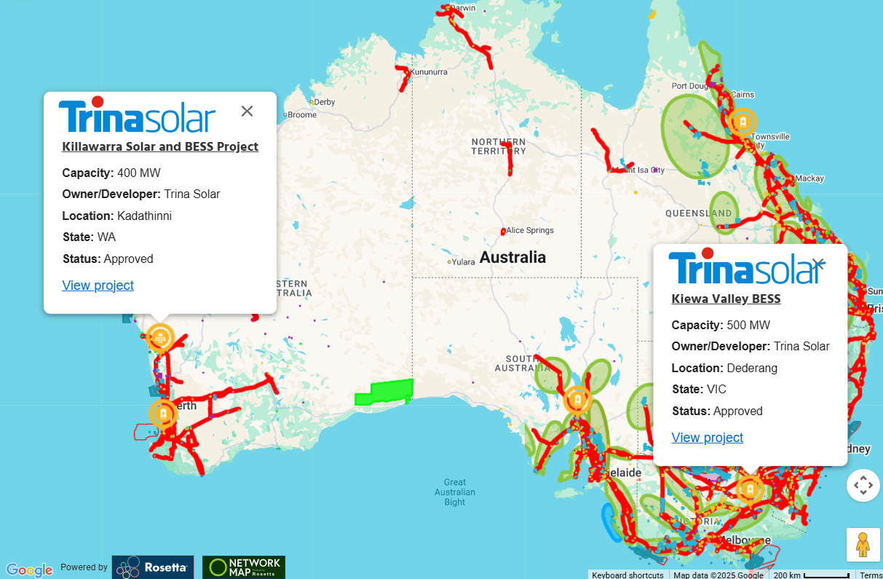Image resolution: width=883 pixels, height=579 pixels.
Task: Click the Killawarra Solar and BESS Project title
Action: click(x=160, y=146)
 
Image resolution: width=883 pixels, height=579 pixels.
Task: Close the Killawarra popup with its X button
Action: click(x=247, y=111)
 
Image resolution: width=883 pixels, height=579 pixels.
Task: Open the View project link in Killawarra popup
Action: click(x=98, y=285)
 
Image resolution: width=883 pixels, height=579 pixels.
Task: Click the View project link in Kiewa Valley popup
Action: click(x=707, y=438)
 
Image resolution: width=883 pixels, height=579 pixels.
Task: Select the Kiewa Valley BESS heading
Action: click(x=726, y=299)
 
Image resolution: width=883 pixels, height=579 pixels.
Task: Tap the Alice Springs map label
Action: click(x=529, y=230)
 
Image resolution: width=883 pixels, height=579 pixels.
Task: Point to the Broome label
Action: click(x=301, y=114)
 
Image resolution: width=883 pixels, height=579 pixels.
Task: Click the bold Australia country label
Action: click(x=512, y=257)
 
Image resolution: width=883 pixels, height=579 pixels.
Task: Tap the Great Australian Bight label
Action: click(x=455, y=492)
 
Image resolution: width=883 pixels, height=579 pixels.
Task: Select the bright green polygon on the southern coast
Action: click(x=384, y=392)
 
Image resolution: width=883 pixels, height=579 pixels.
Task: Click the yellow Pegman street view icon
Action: click(x=863, y=545)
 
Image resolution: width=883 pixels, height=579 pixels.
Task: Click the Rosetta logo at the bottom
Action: click(x=153, y=567)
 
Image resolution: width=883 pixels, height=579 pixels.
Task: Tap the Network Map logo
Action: click(x=244, y=567)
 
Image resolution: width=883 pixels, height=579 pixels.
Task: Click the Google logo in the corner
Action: click(x=29, y=570)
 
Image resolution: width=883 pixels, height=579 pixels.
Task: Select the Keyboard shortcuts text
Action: click(x=627, y=575)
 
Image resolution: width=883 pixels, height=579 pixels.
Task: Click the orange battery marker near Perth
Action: click(x=162, y=413)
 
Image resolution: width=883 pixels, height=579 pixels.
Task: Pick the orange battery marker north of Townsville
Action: click(x=743, y=121)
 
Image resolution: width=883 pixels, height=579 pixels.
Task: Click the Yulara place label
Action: click(x=463, y=261)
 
